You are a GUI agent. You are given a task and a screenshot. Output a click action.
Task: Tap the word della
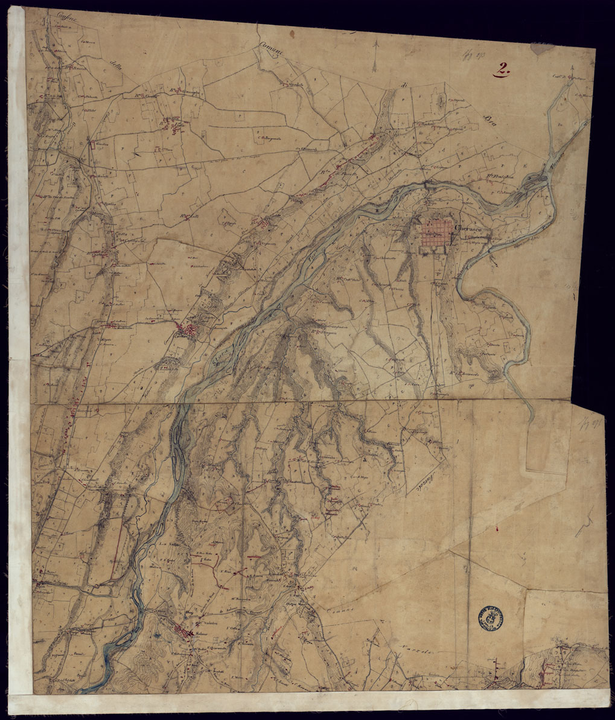pos(115,67)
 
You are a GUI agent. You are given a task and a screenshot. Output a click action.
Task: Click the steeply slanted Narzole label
pos(426,479)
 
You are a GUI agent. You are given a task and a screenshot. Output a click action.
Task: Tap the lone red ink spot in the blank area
pos(496,529)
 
